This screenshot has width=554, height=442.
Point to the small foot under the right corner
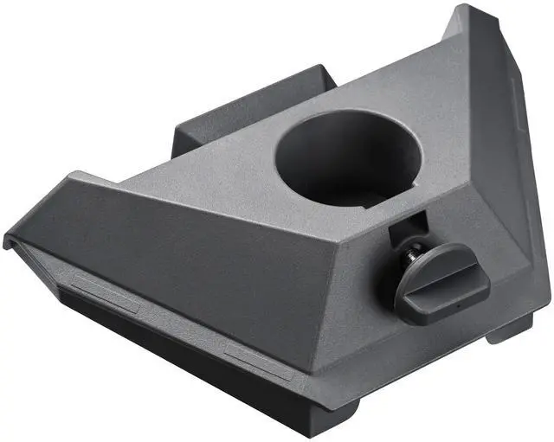(506, 330)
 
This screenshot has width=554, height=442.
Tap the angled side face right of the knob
(511, 259)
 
